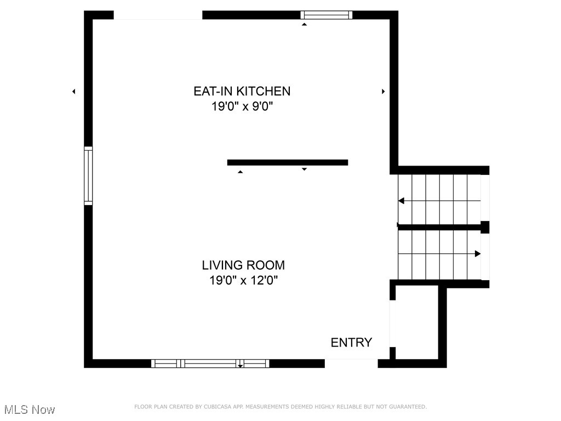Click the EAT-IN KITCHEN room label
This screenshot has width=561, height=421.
pyautogui.click(x=242, y=91)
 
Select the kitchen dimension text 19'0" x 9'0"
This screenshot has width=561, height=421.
pyautogui.click(x=242, y=106)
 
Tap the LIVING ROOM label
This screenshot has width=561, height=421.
pyautogui.click(x=243, y=265)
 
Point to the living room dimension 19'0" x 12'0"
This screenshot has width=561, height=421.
pyautogui.click(x=243, y=281)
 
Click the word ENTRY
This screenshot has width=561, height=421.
pyautogui.click(x=351, y=343)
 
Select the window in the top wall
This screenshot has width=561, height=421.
pyautogui.click(x=327, y=15)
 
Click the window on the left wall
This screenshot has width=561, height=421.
pyautogui.click(x=88, y=175)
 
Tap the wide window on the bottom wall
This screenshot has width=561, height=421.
pyautogui.click(x=210, y=363)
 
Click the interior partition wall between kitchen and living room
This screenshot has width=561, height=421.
pyautogui.click(x=288, y=162)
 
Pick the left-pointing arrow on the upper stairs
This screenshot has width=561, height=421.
pyautogui.click(x=402, y=201)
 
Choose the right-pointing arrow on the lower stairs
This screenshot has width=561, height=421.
pyautogui.click(x=477, y=254)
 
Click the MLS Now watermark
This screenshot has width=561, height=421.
pyautogui.click(x=30, y=409)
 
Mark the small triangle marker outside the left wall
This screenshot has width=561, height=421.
pyautogui.click(x=73, y=92)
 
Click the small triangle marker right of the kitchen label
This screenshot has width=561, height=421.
pyautogui.click(x=383, y=92)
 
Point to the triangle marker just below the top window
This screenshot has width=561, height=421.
pyautogui.click(x=304, y=24)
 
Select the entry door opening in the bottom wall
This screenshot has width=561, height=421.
pyautogui.click(x=351, y=363)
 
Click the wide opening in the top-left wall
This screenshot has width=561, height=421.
pyautogui.click(x=158, y=15)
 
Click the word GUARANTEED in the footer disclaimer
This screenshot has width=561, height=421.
pyautogui.click(x=407, y=407)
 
